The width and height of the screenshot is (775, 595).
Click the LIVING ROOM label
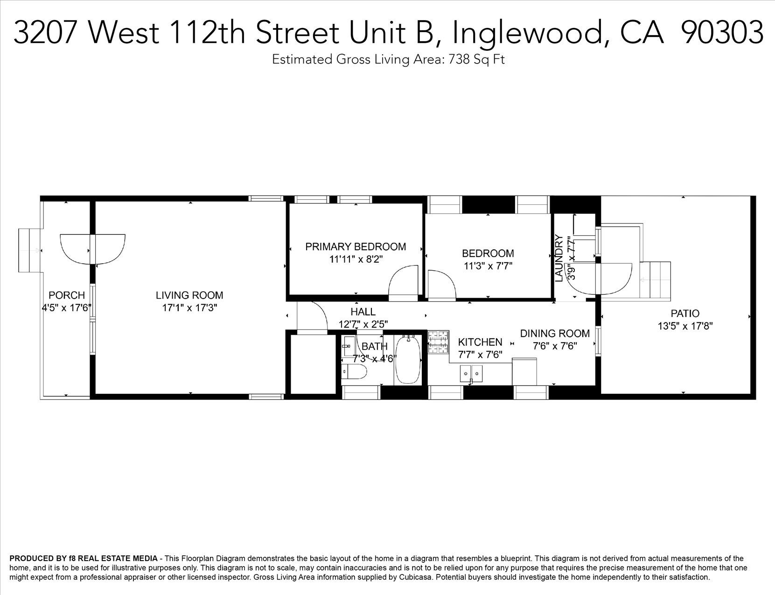click(189, 295)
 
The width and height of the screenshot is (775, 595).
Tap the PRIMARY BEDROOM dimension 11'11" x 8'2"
click(356, 259)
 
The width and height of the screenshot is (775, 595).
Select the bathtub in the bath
click(408, 360)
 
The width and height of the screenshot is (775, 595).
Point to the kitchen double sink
click(471, 373)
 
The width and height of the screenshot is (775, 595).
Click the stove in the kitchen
click(438, 343)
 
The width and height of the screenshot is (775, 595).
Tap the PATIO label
click(685, 314)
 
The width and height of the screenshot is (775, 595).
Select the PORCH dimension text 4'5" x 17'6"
click(67, 308)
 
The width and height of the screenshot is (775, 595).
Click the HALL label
click(363, 312)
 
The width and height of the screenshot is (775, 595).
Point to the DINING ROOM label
click(555, 334)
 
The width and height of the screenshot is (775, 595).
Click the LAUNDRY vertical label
click(559, 258)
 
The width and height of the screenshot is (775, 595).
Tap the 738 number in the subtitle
click(459, 59)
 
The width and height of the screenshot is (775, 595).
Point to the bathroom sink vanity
click(349, 346)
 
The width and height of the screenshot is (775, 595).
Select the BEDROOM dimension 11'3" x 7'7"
click(488, 266)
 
